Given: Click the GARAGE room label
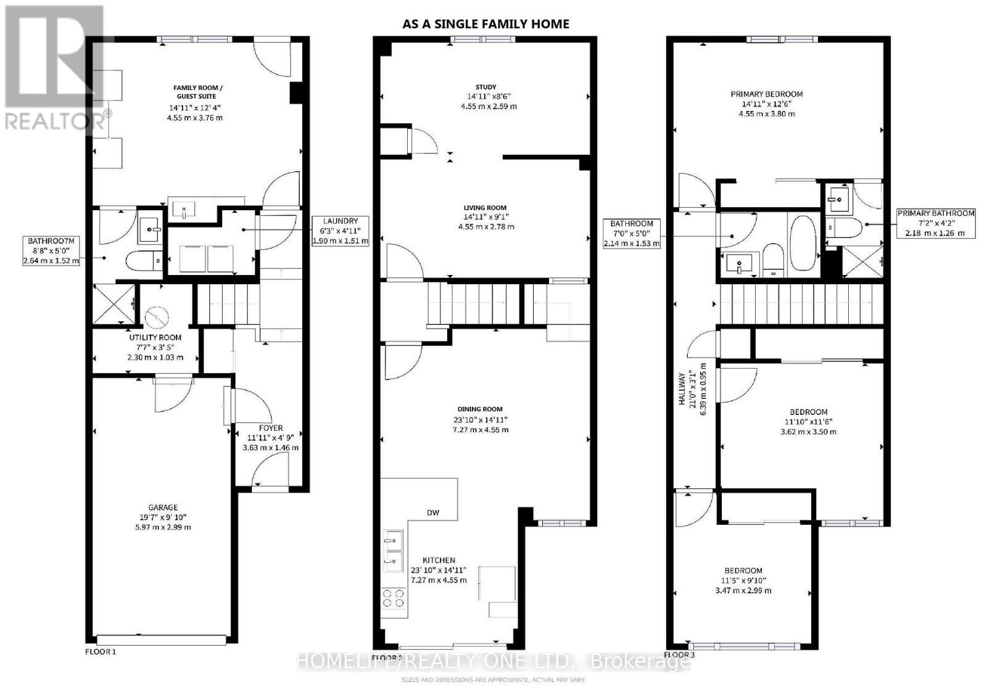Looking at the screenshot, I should [x=162, y=507].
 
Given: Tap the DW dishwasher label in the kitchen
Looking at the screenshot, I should [x=434, y=513].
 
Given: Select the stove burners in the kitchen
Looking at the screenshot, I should [x=394, y=599].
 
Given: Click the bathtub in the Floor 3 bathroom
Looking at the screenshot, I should [x=803, y=243].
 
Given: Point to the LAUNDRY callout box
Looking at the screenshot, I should [x=340, y=231].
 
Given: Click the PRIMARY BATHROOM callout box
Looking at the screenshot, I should [x=935, y=223].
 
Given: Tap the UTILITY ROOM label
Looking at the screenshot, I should [x=155, y=337].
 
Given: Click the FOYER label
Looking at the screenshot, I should [x=271, y=428].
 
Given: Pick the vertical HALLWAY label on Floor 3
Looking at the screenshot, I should [x=682, y=388].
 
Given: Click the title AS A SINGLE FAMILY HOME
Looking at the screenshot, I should [x=485, y=24].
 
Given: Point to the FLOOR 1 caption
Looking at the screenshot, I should [x=100, y=652].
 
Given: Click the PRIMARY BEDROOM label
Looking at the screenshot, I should [x=766, y=94].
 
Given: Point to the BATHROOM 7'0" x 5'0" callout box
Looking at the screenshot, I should [x=632, y=233].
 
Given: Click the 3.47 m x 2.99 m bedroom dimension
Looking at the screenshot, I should [x=743, y=591].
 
